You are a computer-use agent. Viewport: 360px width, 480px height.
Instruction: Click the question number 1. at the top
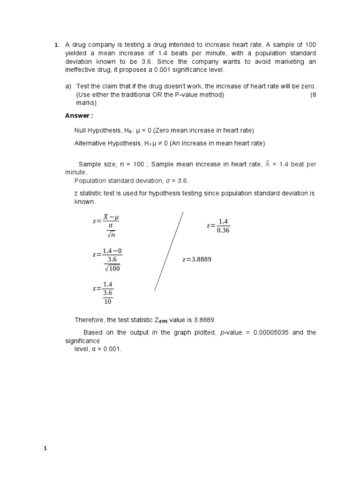(56, 45)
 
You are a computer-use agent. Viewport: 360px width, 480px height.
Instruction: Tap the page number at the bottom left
(45, 449)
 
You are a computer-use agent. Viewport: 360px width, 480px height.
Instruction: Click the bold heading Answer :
(79, 115)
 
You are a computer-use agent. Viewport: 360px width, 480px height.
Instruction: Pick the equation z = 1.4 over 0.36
(218, 225)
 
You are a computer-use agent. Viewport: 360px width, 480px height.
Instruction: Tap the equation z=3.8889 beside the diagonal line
(197, 259)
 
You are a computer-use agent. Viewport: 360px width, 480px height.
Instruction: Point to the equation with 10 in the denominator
(103, 293)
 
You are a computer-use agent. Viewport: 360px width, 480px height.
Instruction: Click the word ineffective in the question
(83, 70)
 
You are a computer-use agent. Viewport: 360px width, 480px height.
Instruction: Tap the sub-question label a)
(68, 86)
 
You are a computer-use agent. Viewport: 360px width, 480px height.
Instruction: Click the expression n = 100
(133, 164)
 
